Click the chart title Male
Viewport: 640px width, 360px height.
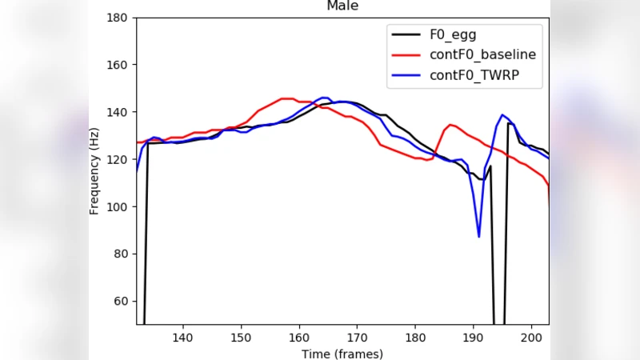pos(342,6)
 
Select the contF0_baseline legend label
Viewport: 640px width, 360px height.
pos(482,55)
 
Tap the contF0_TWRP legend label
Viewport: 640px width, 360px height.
pos(474,77)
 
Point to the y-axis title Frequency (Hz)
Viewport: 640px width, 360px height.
pos(94,170)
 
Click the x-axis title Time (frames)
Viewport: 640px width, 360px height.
pos(342,354)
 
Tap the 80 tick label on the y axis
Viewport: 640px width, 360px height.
pos(122,254)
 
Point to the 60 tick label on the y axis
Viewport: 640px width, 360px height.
pos(122,301)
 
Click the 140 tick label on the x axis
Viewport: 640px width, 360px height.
pos(183,338)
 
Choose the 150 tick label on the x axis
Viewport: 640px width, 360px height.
pos(241,338)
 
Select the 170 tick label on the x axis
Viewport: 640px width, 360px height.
pos(357,338)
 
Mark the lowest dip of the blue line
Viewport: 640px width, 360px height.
pos(478,236)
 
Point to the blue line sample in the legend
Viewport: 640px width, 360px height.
pos(406,77)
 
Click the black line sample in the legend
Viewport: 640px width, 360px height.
pos(406,34)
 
